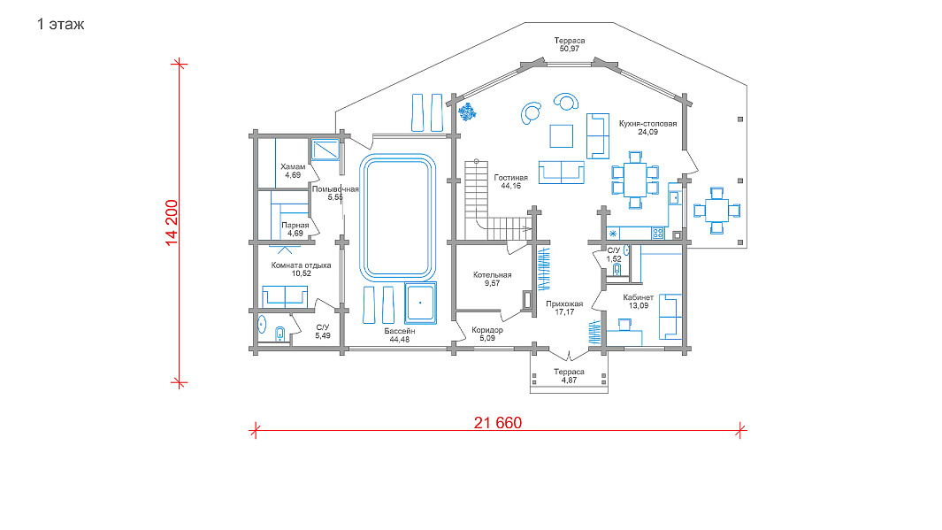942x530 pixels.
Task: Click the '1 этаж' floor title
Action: click(60, 25)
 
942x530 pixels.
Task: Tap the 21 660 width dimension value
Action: click(497, 423)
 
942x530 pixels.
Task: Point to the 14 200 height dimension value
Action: click(172, 222)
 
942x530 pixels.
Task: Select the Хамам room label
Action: click(293, 166)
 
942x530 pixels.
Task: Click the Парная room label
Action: click(295, 226)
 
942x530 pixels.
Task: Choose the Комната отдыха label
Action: click(301, 265)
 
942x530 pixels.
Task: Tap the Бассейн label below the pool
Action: click(400, 331)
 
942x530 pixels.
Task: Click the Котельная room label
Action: click(492, 274)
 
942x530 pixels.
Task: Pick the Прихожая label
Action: click(564, 304)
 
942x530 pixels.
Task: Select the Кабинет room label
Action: click(638, 297)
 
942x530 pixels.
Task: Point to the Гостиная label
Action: click(510, 178)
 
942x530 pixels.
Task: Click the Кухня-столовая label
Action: click(647, 124)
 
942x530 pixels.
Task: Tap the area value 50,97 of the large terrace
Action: click(569, 49)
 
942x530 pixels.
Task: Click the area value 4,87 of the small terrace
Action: click(569, 380)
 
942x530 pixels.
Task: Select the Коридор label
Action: click(487, 330)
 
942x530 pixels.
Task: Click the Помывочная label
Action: click(335, 189)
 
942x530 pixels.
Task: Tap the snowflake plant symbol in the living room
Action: click(467, 111)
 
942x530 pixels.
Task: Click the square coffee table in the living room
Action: click(561, 135)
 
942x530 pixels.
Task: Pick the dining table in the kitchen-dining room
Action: click(635, 180)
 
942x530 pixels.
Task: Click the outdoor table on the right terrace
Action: click(716, 211)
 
